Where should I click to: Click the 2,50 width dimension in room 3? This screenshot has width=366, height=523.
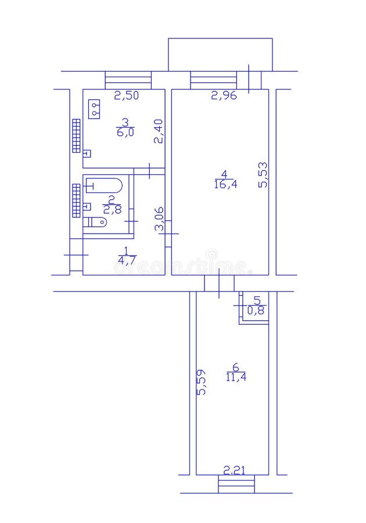[126, 96]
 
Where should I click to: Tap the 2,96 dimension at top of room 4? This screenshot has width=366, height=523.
[224, 96]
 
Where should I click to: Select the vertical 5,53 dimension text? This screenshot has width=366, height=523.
[263, 174]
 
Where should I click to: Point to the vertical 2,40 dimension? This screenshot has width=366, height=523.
[158, 131]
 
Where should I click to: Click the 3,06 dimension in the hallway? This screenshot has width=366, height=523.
[159, 220]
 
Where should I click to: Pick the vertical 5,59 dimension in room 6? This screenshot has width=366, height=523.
[201, 382]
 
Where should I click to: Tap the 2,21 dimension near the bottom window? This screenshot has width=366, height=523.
[234, 470]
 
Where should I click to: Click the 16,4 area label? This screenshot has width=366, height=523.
[224, 185]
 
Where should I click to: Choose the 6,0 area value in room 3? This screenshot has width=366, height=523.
[125, 132]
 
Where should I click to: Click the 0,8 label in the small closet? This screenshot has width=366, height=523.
[256, 311]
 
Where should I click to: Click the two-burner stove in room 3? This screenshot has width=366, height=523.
[94, 109]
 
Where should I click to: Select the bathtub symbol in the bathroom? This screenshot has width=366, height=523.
[105, 185]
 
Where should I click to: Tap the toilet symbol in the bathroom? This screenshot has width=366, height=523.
[96, 222]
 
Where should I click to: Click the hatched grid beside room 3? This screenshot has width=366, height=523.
[76, 135]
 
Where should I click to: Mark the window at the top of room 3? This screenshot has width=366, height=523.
[128, 80]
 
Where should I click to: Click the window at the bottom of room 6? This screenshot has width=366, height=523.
[236, 483]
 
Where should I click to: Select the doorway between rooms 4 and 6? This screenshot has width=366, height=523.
[219, 283]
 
